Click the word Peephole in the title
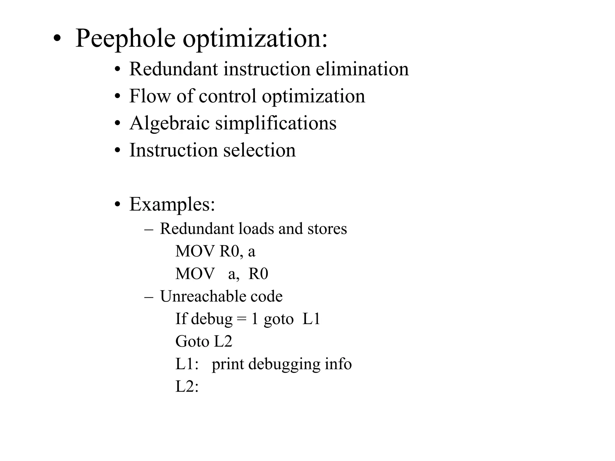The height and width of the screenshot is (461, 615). (x=125, y=38)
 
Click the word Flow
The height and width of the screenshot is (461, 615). (x=149, y=96)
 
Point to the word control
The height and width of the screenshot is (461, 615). (x=227, y=96)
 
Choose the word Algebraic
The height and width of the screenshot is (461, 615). (x=169, y=123)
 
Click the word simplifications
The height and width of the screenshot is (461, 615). (x=276, y=123)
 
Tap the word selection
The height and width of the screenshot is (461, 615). (x=259, y=150)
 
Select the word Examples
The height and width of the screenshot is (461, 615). (x=172, y=204)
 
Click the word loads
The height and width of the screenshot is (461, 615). (x=256, y=229)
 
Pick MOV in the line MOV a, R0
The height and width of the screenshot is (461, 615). (x=195, y=274)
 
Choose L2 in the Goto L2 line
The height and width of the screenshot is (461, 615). (x=223, y=342)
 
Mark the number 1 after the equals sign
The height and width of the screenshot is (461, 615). (x=255, y=319)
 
